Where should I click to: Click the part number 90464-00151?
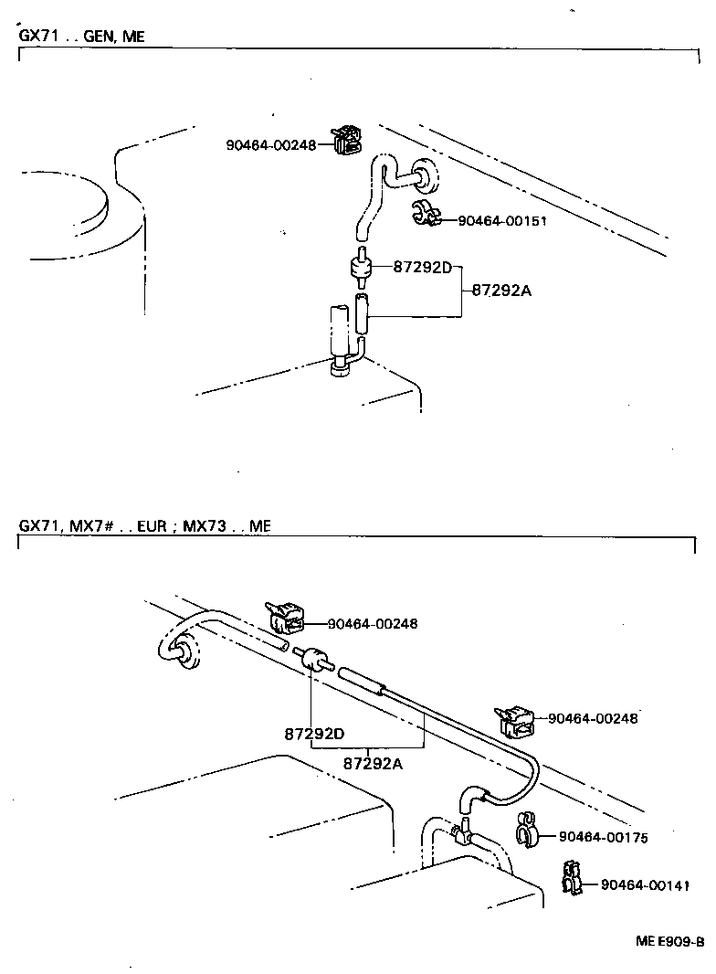click(x=501, y=220)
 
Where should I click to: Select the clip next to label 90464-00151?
click(x=424, y=213)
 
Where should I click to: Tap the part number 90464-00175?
click(x=603, y=836)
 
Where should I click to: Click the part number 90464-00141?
click(x=644, y=884)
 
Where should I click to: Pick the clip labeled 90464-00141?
click(x=573, y=879)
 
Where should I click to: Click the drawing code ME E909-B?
click(x=670, y=942)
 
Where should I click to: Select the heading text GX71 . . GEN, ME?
click(x=81, y=37)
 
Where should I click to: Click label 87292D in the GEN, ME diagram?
click(x=423, y=267)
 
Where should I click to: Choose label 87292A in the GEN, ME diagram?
click(x=501, y=291)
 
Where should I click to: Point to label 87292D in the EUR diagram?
click(x=314, y=733)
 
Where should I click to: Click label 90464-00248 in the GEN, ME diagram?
click(x=271, y=144)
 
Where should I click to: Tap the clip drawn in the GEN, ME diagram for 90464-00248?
click(x=346, y=140)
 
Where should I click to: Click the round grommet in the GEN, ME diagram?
click(x=425, y=175)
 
